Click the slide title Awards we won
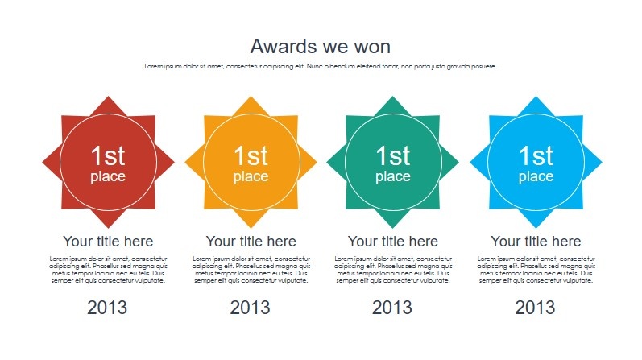[x=321, y=46]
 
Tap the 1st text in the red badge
[x=108, y=155]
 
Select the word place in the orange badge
[x=251, y=177]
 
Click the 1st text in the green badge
[x=392, y=155]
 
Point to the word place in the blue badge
[x=536, y=177]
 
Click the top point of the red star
[x=109, y=97]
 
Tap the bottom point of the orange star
[x=251, y=228]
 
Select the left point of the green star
[x=327, y=162]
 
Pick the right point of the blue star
[x=602, y=162]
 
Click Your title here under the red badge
[x=108, y=242]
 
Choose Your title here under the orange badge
[x=251, y=242]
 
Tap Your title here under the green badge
[x=393, y=242]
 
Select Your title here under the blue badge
[x=536, y=242]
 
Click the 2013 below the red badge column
[x=107, y=308]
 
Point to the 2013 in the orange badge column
[x=251, y=308]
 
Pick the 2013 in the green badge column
[x=392, y=308]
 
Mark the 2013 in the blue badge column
[x=535, y=308]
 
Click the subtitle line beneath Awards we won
[x=321, y=66]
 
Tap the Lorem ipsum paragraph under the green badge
[x=393, y=270]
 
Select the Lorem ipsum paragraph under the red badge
[x=108, y=270]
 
